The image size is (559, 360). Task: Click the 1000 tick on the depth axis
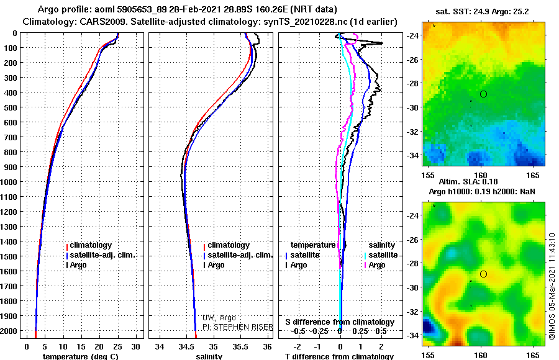click(11, 182)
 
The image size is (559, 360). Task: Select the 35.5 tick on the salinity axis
click(240, 346)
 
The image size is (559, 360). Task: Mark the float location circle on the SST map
click(483, 94)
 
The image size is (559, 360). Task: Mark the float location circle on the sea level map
click(483, 274)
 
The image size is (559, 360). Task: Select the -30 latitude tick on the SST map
click(413, 107)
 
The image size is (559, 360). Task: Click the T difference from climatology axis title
click(340, 356)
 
